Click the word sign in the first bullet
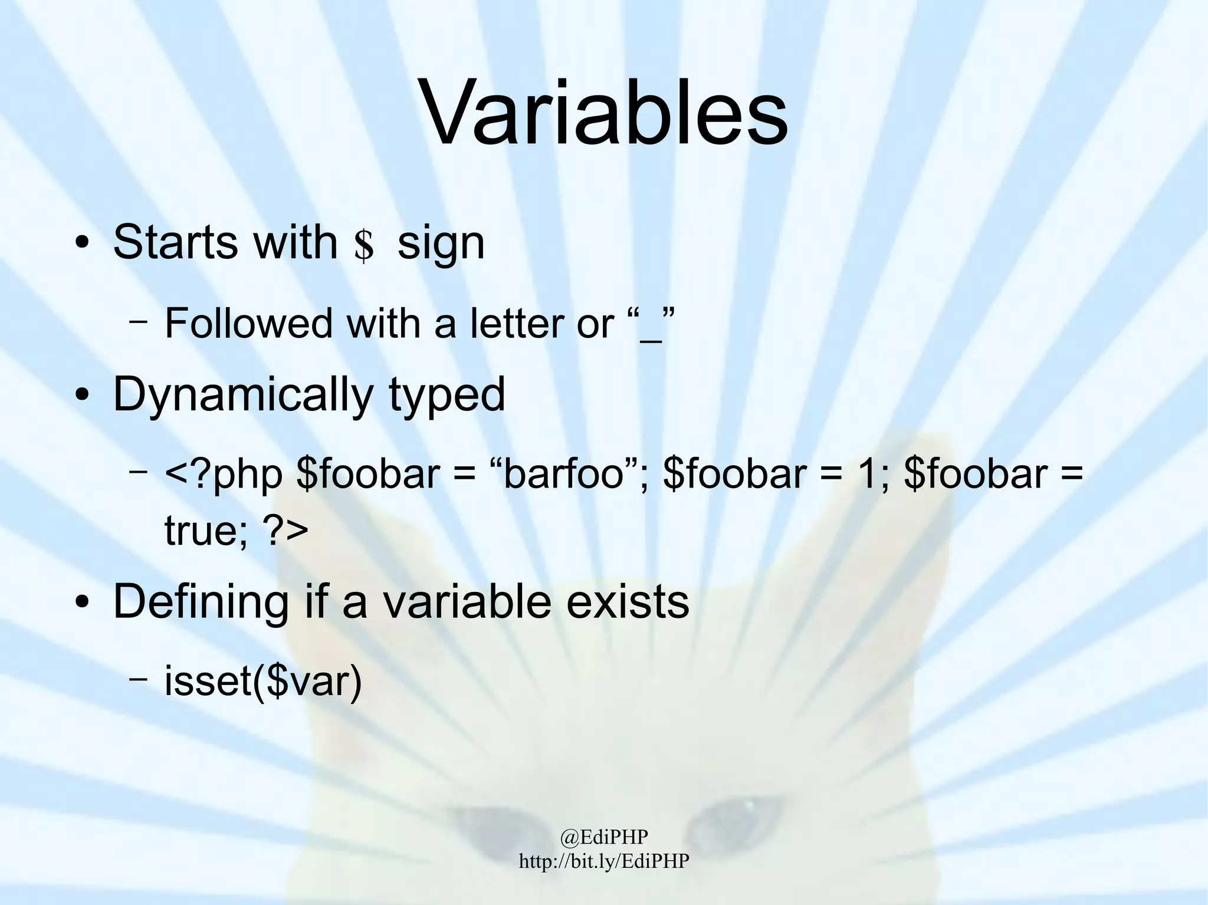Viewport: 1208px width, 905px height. coord(441,243)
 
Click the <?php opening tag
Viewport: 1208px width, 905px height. coord(224,475)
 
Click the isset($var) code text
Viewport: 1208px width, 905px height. coord(262,682)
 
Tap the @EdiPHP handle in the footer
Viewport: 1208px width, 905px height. coord(604,836)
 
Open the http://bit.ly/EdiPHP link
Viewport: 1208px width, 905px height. coord(604,861)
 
